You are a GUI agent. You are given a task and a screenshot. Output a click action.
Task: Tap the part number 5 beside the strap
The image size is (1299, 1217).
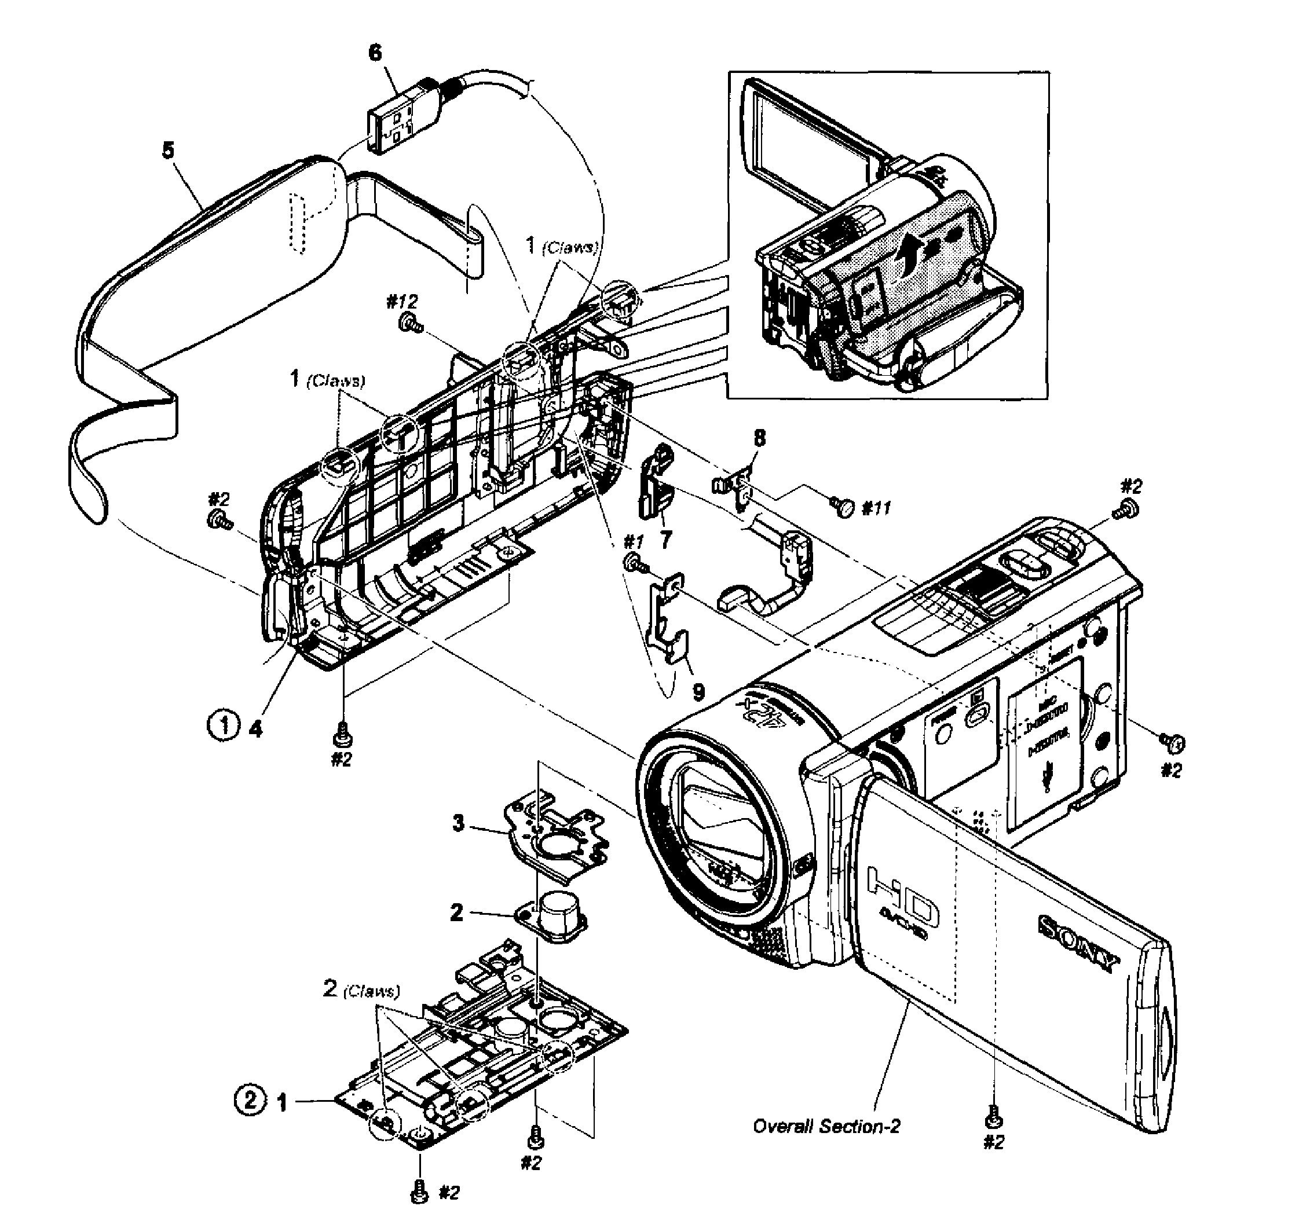tap(169, 151)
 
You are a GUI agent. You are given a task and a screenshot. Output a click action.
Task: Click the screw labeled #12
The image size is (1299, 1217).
tap(409, 321)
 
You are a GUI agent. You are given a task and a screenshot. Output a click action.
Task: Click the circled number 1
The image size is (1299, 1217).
tap(223, 725)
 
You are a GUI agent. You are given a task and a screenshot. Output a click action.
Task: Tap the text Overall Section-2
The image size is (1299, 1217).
tap(826, 1126)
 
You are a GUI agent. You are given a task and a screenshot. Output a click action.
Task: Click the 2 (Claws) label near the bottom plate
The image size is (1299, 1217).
tap(361, 989)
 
